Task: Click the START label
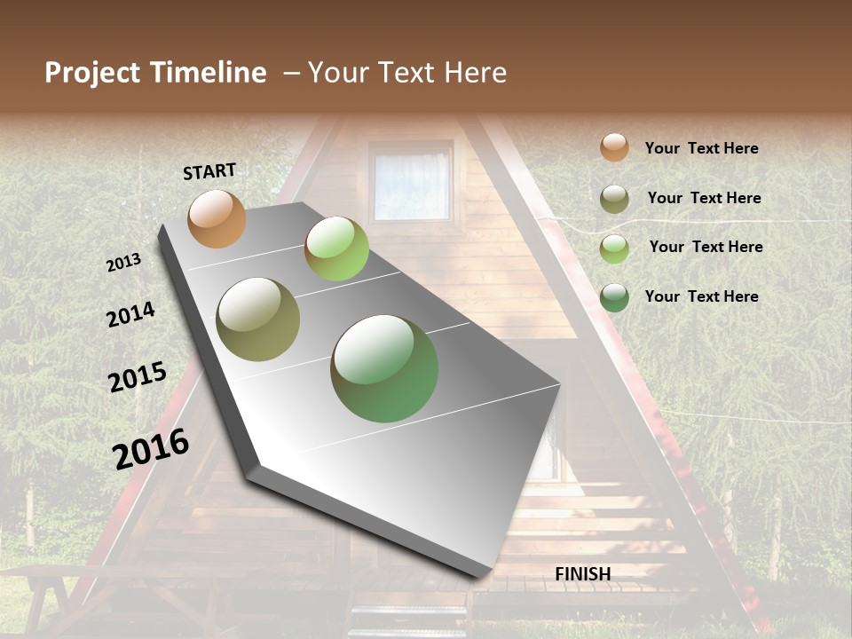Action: point(209,171)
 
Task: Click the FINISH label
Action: point(582,574)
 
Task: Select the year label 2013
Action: point(123,263)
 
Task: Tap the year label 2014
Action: point(130,314)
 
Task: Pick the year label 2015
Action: point(138,377)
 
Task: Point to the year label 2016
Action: point(151,448)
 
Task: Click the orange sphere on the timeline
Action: point(217,218)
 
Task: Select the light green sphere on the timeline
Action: point(336,248)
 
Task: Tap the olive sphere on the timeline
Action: point(258,319)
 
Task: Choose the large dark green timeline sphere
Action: point(384,368)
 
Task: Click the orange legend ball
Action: point(614,148)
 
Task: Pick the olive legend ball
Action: point(614,199)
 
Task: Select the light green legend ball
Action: point(614,248)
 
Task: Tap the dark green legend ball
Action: point(614,297)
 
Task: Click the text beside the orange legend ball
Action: point(701,149)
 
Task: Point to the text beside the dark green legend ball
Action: point(701,296)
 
